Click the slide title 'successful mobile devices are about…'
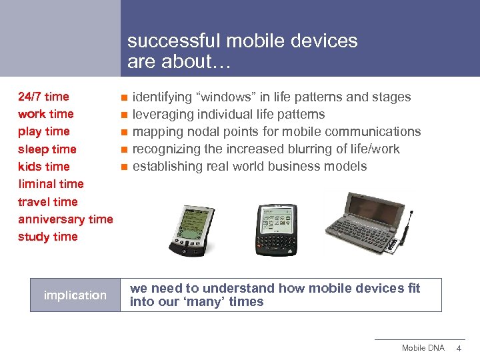[x=242, y=51]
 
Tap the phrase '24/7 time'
[x=43, y=97]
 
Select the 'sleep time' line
[x=47, y=149]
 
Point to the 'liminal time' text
[x=51, y=184]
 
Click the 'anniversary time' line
[x=65, y=219]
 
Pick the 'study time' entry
[x=47, y=237]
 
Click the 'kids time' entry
[x=44, y=167]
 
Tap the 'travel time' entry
[x=47, y=201]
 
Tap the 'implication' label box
[x=75, y=295]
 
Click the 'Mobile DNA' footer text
[x=423, y=348]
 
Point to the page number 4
[x=459, y=348]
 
